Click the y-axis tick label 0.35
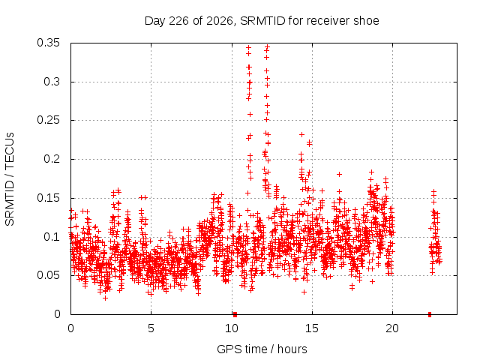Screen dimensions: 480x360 point(48,43)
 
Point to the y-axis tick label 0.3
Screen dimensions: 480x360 point(52,82)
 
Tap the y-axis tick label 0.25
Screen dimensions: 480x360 point(48,120)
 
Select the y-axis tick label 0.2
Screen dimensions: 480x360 point(52,159)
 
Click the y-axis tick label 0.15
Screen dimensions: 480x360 point(48,198)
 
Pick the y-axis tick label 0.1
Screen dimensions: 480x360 point(52,237)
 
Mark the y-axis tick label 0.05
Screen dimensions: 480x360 point(48,275)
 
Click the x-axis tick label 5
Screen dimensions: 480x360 point(151,328)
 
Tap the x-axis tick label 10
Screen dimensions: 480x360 point(232,328)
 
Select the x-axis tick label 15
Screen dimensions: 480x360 point(312,328)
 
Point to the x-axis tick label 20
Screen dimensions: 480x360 point(392,328)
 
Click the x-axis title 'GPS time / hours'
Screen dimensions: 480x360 point(262,349)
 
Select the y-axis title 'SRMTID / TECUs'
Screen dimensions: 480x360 point(10,179)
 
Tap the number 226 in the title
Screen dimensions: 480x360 point(178,21)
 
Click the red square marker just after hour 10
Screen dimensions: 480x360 point(235,314)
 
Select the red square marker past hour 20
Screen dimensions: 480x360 point(430,314)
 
